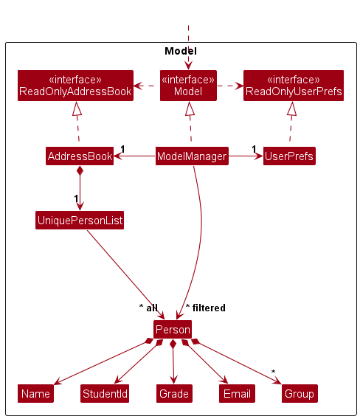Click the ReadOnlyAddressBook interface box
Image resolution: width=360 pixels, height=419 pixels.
75,86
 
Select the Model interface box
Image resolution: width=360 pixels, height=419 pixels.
188,86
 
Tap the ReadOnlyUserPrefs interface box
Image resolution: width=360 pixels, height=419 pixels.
294,86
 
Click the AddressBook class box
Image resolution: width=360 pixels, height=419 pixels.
80,156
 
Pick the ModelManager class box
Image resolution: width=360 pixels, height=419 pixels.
192,156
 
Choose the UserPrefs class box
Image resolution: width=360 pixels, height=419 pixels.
289,156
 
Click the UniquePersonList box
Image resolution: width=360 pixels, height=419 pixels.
80,220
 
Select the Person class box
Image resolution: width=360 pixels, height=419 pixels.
173,329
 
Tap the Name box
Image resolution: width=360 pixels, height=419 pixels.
35,393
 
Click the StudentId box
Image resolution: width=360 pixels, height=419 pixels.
105,393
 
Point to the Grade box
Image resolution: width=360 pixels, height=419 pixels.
174,393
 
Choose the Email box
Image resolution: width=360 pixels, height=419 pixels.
237,393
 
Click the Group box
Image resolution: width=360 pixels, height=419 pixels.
300,393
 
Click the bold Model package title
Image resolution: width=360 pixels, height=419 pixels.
181,51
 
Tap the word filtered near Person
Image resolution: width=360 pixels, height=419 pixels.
209,308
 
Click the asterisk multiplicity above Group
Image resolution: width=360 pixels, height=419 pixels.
273,372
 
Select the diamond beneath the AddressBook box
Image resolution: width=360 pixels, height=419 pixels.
80,170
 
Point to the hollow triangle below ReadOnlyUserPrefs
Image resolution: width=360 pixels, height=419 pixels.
292,108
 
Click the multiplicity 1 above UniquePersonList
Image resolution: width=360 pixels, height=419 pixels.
76,198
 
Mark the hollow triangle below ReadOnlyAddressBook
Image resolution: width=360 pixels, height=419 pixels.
77,108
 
